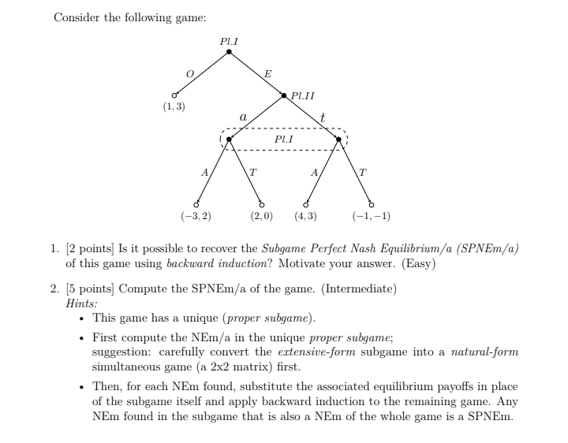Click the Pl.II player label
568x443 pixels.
(x=303, y=96)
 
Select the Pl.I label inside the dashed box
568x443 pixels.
(x=284, y=138)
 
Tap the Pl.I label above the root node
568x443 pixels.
(x=229, y=39)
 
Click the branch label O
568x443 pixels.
(x=189, y=73)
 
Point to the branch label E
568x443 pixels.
(x=268, y=73)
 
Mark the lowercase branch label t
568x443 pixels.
(x=322, y=116)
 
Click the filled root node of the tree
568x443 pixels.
(x=229, y=52)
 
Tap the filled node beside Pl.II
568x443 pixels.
(x=284, y=96)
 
